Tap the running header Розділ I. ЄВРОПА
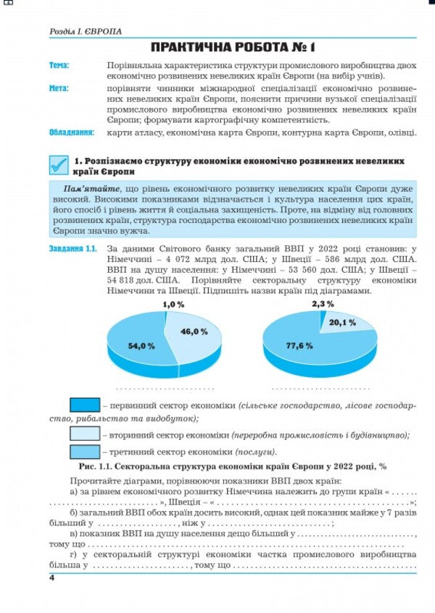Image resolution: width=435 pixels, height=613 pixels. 86,32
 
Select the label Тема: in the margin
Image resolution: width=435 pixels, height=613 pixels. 59,66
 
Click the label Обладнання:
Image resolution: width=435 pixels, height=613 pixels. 72,132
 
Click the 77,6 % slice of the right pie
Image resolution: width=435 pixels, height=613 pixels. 301,346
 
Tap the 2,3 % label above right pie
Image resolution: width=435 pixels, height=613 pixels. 323,304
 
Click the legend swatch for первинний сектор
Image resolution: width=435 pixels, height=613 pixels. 84,405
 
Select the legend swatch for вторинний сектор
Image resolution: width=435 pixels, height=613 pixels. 84,434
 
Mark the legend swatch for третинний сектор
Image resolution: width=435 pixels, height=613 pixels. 84,452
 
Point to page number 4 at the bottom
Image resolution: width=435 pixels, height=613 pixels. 52,577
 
